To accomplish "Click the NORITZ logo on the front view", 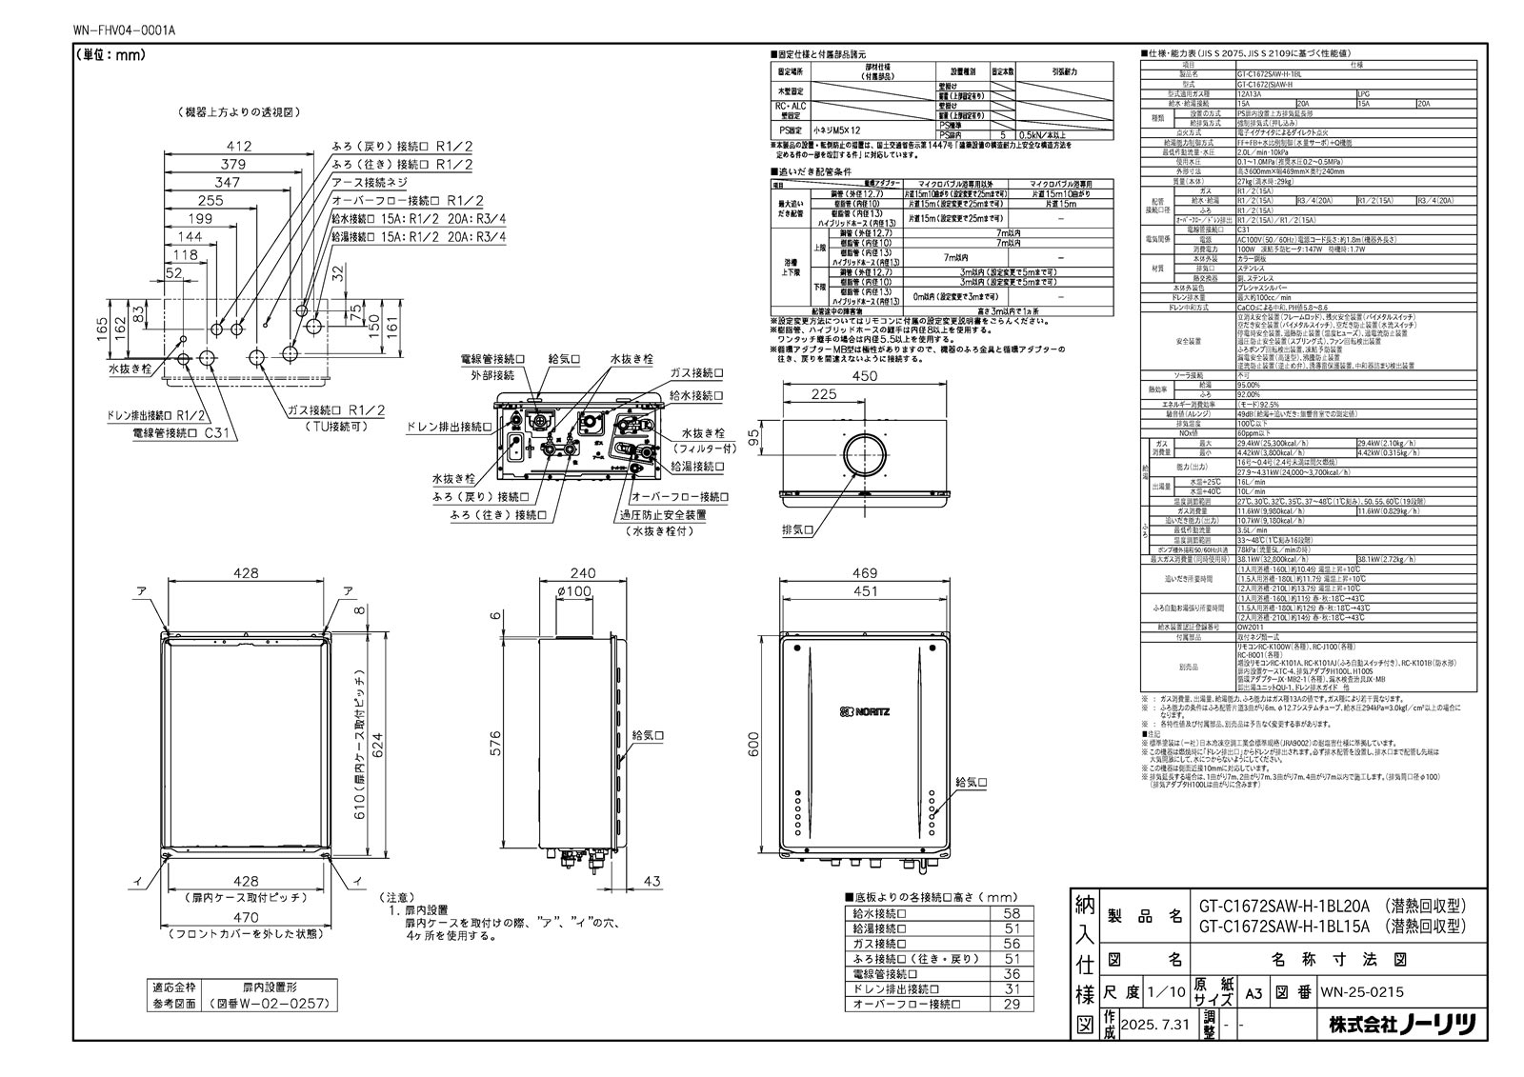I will coord(865,711).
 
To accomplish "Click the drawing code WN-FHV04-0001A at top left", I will coord(123,30).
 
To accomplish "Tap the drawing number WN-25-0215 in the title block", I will coord(1361,992).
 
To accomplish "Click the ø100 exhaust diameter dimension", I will coord(573,592).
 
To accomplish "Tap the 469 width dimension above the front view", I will coord(865,573).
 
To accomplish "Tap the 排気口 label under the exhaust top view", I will coord(797,529).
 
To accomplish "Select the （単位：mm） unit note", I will coord(110,55).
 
